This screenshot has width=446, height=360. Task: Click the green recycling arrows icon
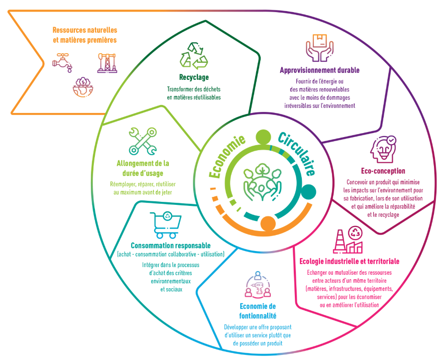(194, 55)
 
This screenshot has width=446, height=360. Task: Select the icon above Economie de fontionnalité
(257, 285)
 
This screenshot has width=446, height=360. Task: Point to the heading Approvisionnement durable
(319, 70)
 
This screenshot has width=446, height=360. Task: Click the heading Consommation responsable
(170, 246)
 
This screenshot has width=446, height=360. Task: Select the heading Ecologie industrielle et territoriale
(349, 261)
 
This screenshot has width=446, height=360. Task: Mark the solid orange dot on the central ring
(268, 223)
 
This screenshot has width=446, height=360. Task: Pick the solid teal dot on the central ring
(309, 192)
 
